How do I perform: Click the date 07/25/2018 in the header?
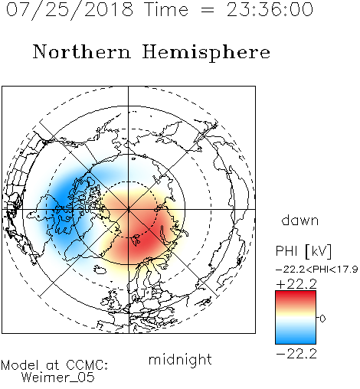(x=70, y=10)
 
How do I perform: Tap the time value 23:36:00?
(x=270, y=10)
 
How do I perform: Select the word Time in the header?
(x=166, y=10)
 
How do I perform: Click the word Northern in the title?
(x=82, y=51)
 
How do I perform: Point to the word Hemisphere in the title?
(x=206, y=52)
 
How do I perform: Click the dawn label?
(x=300, y=220)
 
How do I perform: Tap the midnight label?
(x=180, y=360)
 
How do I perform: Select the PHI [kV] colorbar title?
(x=303, y=251)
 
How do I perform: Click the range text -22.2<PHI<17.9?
(x=317, y=270)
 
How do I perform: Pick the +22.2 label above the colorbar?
(x=296, y=284)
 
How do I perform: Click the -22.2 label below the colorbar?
(x=296, y=354)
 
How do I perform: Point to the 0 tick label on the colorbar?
(x=322, y=319)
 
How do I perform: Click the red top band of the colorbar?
(x=296, y=297)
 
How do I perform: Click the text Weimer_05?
(x=58, y=378)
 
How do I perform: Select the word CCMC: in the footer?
(x=87, y=365)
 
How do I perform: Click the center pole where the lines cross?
(x=129, y=209)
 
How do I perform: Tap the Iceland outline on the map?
(x=100, y=270)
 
